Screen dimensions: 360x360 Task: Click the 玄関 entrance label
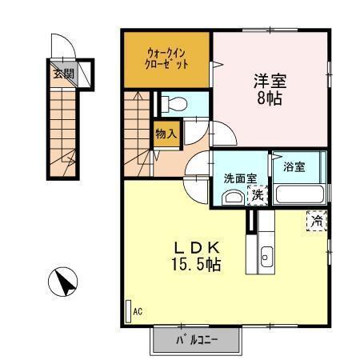pos(63,73)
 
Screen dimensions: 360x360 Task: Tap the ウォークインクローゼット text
pos(167,59)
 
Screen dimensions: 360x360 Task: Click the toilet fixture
pos(175,103)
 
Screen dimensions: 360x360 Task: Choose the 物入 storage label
pos(166,136)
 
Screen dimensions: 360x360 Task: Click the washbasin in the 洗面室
pos(233,198)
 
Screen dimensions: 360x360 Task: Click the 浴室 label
pos(294,167)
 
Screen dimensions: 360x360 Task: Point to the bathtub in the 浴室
pos(298,194)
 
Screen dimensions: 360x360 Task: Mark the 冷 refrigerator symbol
pos(316,220)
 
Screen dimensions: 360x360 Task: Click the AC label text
pos(138,310)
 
